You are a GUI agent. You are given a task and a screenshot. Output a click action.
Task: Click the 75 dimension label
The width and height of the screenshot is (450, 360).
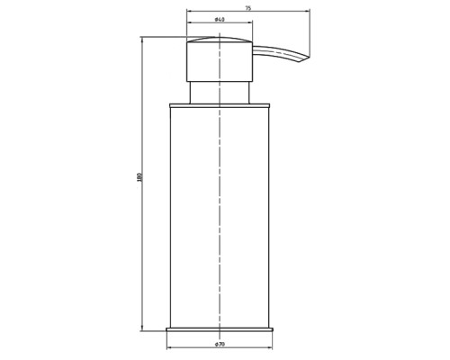tap(247, 8)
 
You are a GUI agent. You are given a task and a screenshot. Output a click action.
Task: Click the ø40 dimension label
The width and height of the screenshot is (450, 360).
tap(220, 20)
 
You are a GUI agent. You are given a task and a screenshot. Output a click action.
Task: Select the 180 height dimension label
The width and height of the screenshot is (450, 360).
tap(139, 177)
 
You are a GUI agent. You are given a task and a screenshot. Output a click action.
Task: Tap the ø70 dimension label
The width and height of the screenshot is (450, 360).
tap(220, 345)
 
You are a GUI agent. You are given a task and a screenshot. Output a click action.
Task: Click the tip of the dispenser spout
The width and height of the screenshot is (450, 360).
tap(309, 58)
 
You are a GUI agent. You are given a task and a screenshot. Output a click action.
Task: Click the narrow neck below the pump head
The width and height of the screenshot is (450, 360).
tap(220, 93)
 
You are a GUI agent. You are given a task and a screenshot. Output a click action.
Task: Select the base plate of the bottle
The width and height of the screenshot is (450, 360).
tap(220, 329)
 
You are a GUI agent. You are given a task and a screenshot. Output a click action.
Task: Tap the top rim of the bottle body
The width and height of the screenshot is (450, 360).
tap(220, 105)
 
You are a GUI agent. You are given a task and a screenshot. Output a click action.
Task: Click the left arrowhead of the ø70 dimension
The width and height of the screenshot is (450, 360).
tap(169, 347)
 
